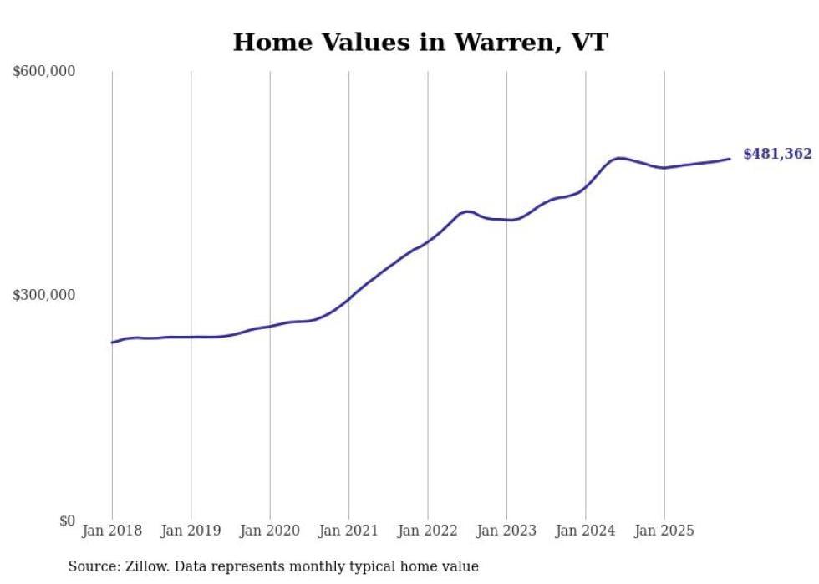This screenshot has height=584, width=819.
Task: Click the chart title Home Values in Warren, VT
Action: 420,43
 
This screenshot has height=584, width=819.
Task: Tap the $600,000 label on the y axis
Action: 44,72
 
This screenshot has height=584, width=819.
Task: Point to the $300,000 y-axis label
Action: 44,296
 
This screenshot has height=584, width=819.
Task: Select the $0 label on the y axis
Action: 66,521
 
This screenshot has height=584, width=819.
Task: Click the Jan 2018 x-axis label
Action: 112,531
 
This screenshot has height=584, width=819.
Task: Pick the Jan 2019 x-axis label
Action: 191,531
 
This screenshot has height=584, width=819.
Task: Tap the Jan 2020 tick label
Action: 270,531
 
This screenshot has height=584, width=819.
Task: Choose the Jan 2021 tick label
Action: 348,531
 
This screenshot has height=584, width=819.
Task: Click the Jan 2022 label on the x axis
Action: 427,531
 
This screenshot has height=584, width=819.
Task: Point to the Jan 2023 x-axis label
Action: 506,531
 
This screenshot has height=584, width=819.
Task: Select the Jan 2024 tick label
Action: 585,531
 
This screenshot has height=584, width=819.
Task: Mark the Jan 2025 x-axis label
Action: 664,531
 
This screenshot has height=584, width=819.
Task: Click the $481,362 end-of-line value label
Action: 777,155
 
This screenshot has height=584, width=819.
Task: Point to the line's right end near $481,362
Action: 730,159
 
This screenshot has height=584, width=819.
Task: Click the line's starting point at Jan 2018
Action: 112,343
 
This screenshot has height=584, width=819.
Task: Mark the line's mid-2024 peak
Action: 619,157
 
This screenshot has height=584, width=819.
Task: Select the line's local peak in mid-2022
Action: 467,211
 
